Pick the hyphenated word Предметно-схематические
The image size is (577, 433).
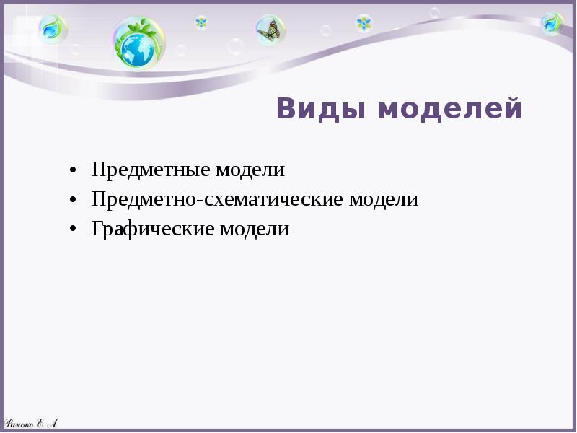pos(217,200)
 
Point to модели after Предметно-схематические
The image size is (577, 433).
pos(384,200)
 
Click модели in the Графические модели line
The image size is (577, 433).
pos(255,229)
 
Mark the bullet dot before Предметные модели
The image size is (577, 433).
pos(74,172)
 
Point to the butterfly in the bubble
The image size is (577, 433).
pos(270,30)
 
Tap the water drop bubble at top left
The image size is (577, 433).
pos(52,29)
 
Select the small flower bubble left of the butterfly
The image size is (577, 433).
pos(201,22)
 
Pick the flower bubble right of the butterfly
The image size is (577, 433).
pos(364,23)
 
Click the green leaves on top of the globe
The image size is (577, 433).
pos(144,27)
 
